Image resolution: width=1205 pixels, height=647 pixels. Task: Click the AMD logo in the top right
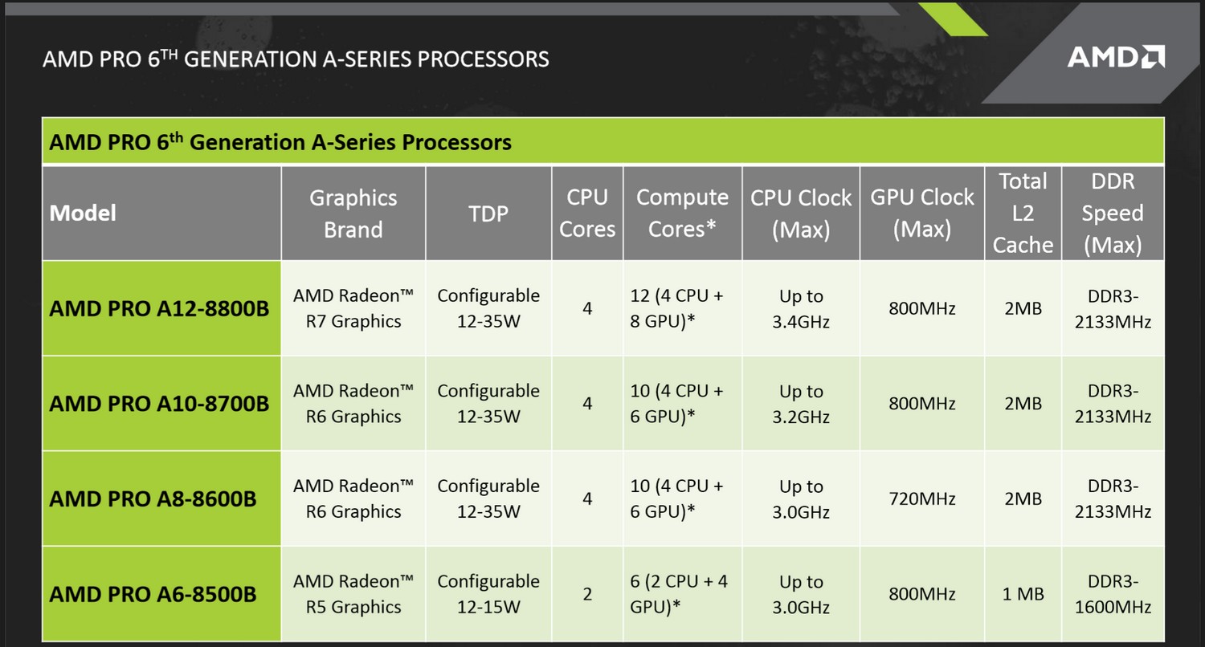[x=1117, y=57]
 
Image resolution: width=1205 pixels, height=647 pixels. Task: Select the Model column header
[x=83, y=214]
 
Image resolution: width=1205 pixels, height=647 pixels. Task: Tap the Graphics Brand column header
[x=353, y=214]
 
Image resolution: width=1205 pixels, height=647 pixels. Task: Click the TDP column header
[x=488, y=214]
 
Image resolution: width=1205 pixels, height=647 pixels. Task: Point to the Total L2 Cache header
[x=1023, y=214]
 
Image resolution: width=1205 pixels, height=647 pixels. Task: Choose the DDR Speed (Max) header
[x=1113, y=214]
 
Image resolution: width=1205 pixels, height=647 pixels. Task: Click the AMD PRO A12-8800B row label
[x=159, y=308]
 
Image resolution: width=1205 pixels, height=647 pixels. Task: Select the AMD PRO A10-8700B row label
[x=159, y=404]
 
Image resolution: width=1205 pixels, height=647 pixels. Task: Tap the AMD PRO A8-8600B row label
[x=153, y=498]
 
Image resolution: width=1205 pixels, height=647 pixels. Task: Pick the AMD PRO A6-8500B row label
[x=153, y=594]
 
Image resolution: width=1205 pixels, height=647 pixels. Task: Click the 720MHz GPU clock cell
[x=922, y=498]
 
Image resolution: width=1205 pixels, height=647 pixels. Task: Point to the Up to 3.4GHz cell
[x=801, y=308]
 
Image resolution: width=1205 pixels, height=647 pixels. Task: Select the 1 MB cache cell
[x=1023, y=594]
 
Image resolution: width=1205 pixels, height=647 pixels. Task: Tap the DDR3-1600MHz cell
[x=1113, y=594]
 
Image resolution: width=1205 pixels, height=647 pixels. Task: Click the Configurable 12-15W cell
[x=488, y=594]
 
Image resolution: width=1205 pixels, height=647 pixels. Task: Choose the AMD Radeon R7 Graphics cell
[x=353, y=308]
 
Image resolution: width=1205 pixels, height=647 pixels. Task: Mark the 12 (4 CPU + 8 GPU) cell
[x=676, y=308]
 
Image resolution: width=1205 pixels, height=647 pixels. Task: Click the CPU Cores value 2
[x=587, y=594]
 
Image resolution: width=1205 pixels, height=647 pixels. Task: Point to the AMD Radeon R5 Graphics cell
[x=353, y=594]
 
